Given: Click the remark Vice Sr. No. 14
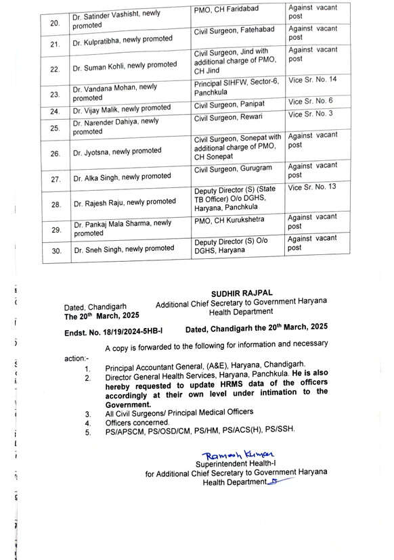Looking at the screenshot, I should coord(312,80).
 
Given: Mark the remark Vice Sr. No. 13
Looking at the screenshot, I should coord(311,187).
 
